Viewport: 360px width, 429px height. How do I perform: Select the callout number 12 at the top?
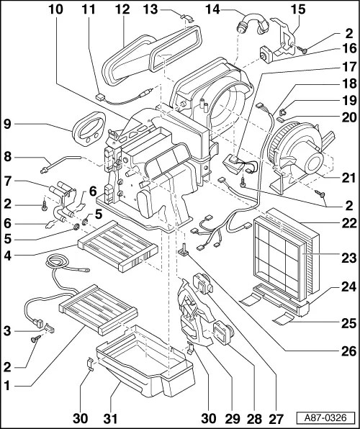122,9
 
